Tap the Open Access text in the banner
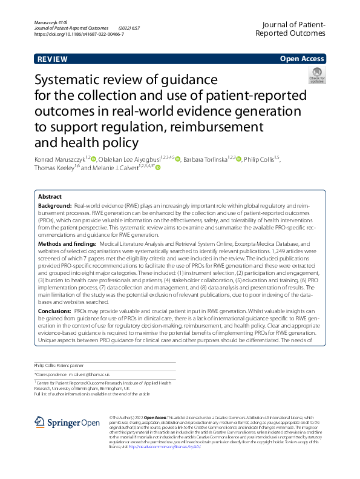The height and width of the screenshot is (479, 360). (x=301, y=59)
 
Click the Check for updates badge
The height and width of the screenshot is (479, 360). (x=316, y=75)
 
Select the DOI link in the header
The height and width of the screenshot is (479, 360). (x=79, y=35)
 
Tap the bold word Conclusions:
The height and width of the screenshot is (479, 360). (x=56, y=309)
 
